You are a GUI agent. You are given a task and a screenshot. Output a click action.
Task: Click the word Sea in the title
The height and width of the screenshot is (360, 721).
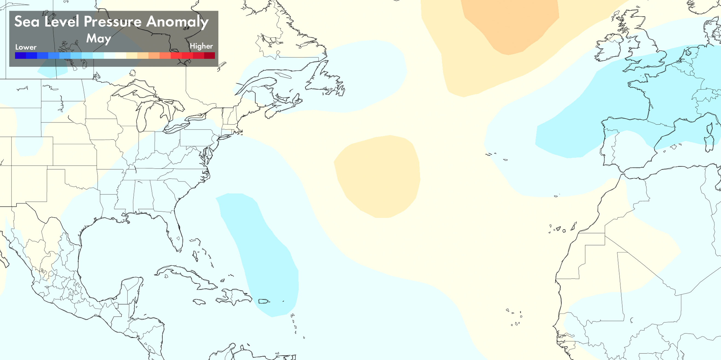(x=27, y=22)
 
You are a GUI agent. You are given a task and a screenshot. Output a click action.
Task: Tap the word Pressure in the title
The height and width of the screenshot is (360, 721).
(x=112, y=22)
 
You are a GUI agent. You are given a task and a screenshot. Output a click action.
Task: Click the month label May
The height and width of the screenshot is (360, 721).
(x=98, y=39)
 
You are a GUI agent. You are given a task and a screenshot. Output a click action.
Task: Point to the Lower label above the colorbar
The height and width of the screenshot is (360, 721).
(x=26, y=47)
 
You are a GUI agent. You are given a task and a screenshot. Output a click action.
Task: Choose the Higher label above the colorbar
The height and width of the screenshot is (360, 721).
(x=201, y=46)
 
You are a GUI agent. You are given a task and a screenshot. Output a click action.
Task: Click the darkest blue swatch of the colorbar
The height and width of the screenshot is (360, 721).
(x=21, y=56)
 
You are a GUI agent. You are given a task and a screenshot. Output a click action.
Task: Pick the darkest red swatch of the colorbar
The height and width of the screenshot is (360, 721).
(x=209, y=56)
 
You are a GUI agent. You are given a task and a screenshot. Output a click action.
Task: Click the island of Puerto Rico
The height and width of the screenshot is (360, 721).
(x=263, y=301)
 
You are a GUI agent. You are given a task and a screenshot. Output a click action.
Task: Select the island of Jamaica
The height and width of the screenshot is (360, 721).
(x=199, y=302)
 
